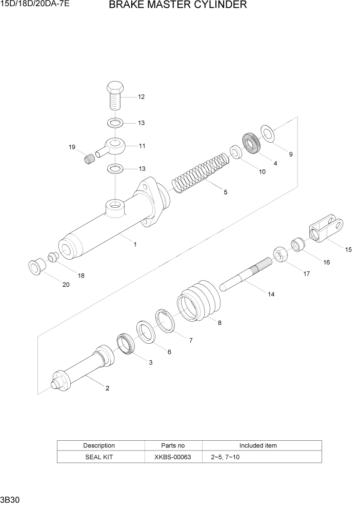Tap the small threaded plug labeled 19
(x=90, y=160)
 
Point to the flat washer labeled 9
(x=267, y=132)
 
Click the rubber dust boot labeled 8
(x=199, y=303)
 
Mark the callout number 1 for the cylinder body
(x=135, y=245)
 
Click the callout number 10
(x=262, y=172)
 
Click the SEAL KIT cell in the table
(x=99, y=457)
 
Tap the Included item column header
(x=258, y=445)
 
